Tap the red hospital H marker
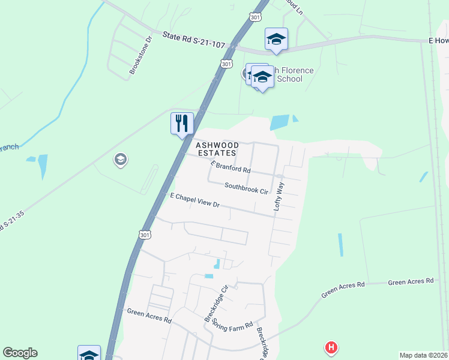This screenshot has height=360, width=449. click(x=330, y=347)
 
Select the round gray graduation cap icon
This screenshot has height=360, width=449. click(x=119, y=159)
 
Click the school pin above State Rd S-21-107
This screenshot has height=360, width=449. click(x=276, y=40)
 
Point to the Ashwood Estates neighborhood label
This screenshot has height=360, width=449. click(x=217, y=149)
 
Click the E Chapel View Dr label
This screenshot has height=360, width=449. click(x=196, y=200)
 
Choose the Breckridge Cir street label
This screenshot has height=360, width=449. click(x=217, y=304)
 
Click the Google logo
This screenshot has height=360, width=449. click(x=20, y=353)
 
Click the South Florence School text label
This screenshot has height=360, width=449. click(x=294, y=74)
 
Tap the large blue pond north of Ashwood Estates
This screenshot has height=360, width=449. click(x=279, y=122)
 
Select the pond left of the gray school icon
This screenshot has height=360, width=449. click(x=42, y=165)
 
